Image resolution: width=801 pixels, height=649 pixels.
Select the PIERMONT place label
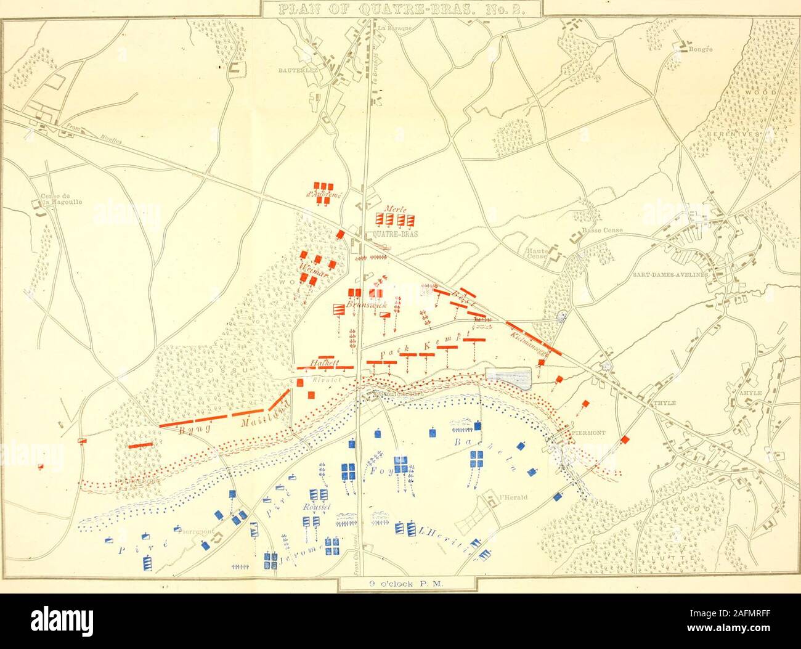pyautogui.click(x=591, y=432)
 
